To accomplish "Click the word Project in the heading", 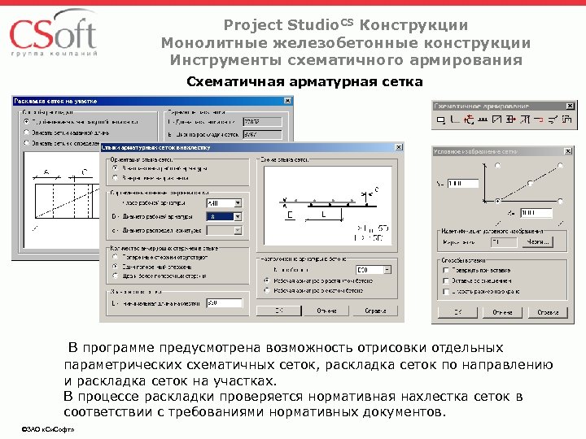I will point(250,26).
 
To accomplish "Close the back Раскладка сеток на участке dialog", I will point(287,101).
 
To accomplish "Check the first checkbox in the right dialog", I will point(445,271).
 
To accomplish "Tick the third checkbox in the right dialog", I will point(445,290).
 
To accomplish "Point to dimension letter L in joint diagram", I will point(323,214).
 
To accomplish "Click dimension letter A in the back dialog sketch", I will point(46,172).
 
